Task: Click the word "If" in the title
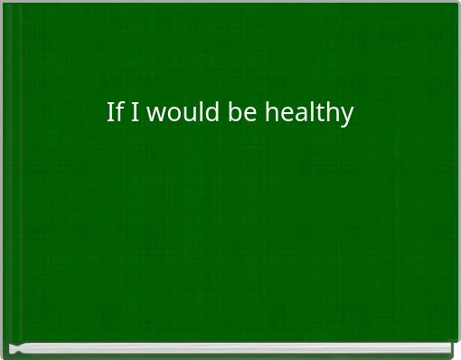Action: click(114, 113)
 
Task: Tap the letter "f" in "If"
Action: click(118, 113)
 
